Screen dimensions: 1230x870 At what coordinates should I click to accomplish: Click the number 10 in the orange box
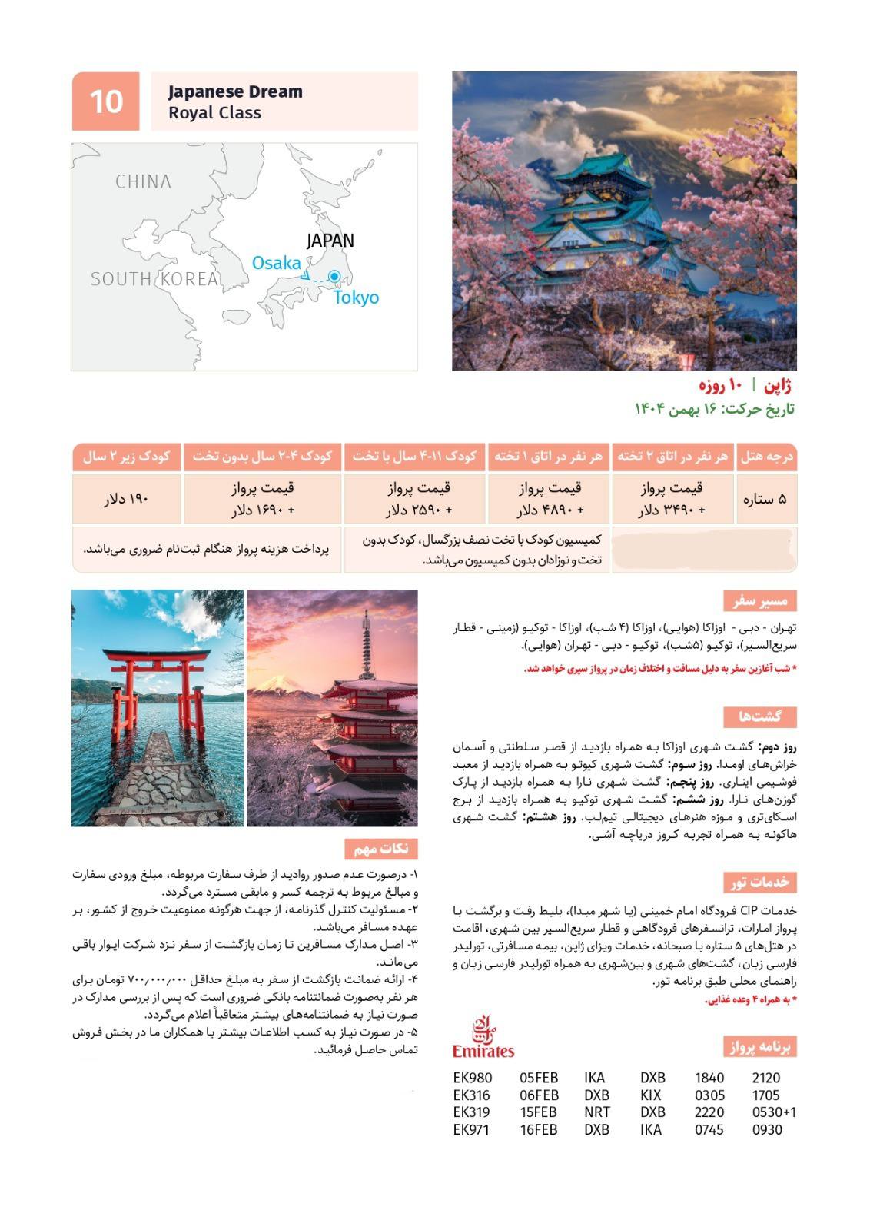click(106, 101)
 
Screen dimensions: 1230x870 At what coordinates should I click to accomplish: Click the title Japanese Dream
click(235, 91)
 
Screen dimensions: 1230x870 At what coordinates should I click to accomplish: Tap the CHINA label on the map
click(143, 182)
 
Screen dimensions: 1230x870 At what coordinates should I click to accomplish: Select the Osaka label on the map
click(277, 263)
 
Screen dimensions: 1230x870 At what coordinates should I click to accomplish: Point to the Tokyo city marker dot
click(334, 276)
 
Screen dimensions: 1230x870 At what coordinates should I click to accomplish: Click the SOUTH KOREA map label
click(154, 279)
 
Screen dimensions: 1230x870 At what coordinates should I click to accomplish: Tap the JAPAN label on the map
click(330, 241)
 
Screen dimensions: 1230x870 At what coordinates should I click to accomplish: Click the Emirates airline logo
click(483, 1038)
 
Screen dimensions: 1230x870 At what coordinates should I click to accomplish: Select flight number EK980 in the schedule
click(473, 1078)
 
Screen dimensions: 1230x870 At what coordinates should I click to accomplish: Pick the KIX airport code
click(652, 1095)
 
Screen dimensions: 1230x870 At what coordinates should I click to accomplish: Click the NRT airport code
click(597, 1112)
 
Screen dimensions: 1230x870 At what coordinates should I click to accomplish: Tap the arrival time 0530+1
click(774, 1112)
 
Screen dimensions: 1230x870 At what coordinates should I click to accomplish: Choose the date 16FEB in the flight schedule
click(539, 1130)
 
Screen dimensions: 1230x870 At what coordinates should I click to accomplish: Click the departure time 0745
click(709, 1130)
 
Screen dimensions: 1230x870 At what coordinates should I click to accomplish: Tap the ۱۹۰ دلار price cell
click(127, 499)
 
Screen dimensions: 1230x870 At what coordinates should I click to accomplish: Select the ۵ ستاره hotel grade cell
click(765, 499)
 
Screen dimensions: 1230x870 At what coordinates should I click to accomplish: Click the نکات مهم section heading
click(381, 849)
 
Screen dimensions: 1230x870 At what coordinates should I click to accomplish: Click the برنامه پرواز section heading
click(760, 1047)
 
